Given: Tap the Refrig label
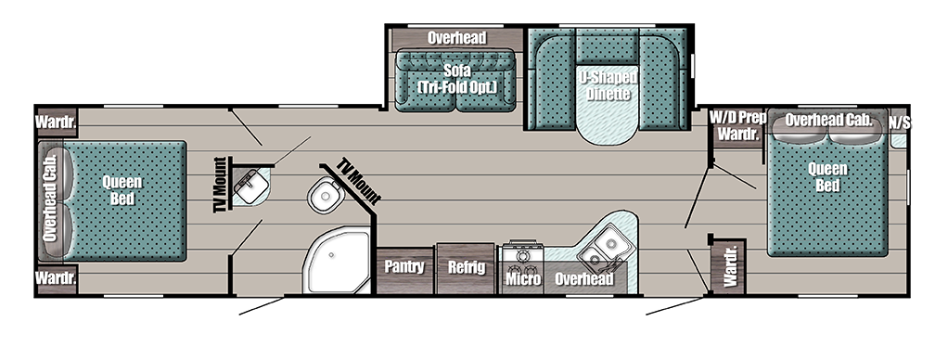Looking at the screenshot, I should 465,267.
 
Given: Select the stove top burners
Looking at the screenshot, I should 521,253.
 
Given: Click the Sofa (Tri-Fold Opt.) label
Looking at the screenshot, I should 455,78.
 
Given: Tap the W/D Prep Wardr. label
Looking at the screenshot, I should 737,125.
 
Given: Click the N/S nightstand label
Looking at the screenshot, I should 898,122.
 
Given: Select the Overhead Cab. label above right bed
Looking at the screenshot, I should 828,120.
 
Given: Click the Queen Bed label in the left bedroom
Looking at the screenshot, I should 122,190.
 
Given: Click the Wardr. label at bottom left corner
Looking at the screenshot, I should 56,277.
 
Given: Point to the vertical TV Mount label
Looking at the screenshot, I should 220,185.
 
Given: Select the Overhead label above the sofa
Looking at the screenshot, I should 456,39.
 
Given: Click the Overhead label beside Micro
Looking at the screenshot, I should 584,278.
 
